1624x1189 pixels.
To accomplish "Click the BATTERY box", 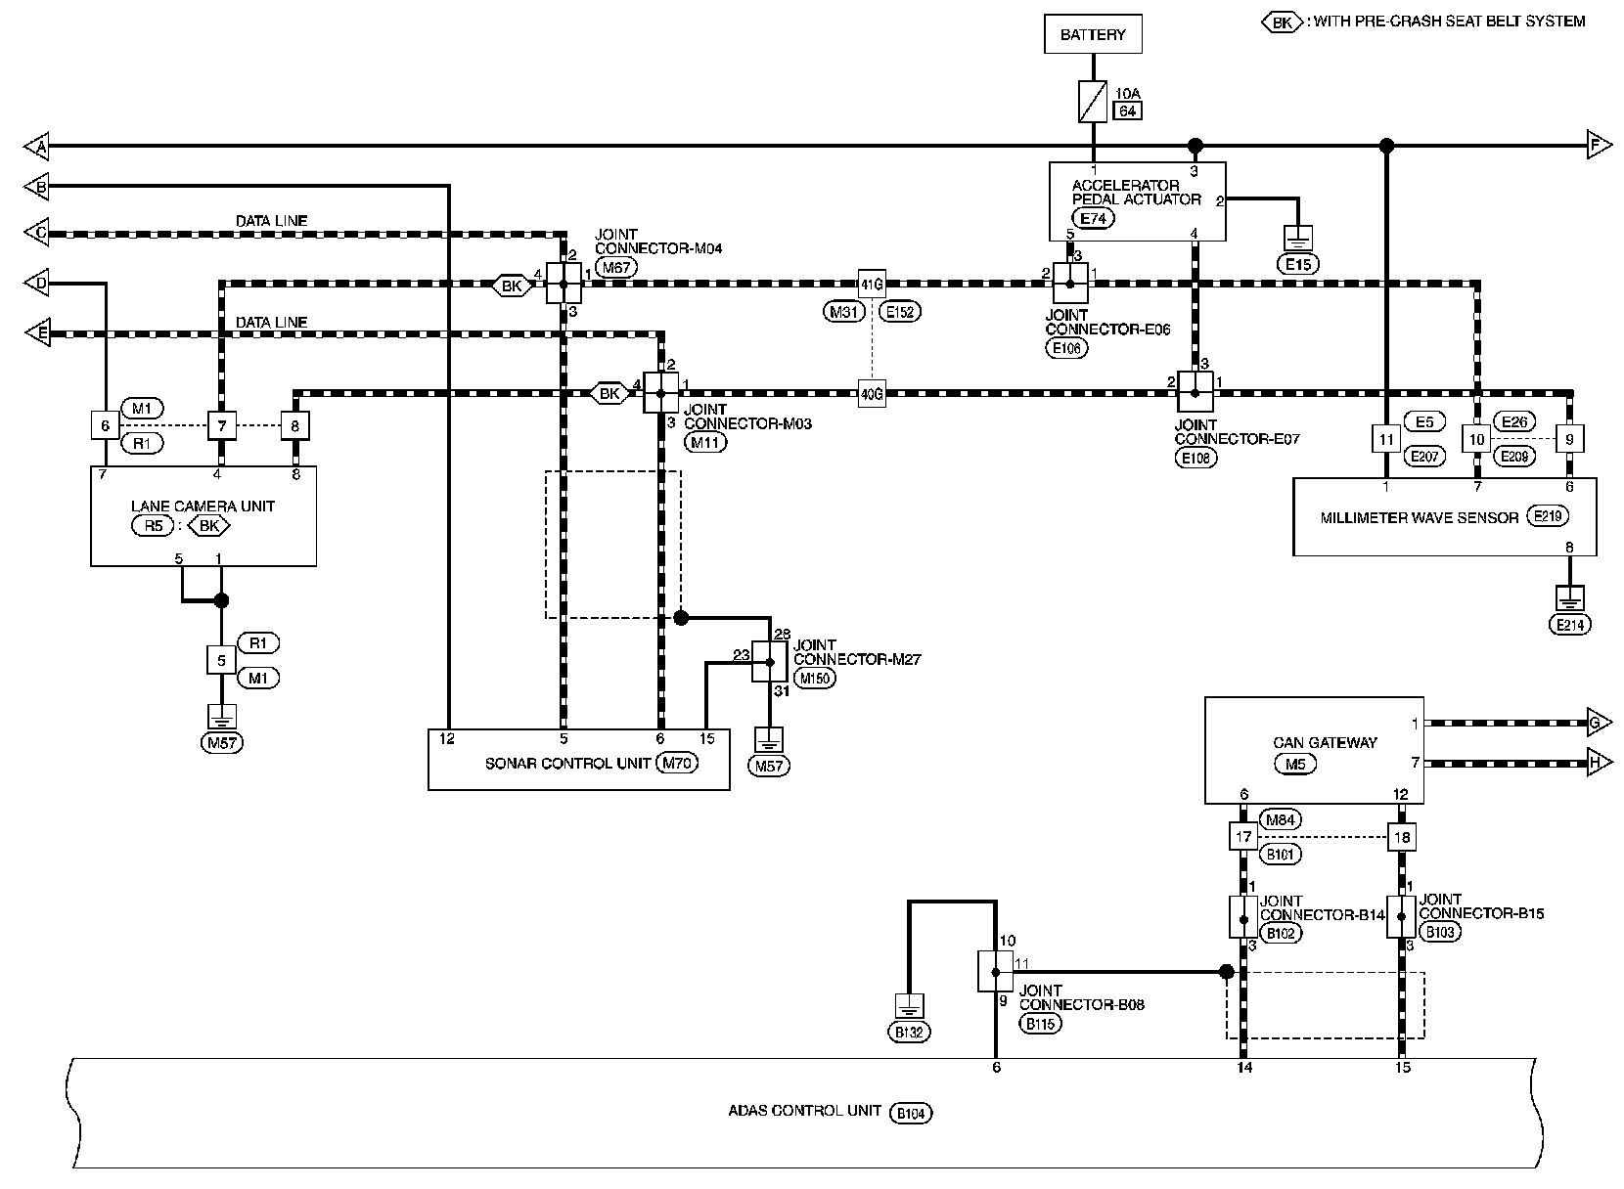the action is click(1093, 34).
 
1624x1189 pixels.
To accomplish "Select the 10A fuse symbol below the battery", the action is click(1093, 102).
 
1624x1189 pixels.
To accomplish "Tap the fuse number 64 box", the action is click(1127, 110).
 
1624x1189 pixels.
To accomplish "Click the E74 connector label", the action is click(1093, 218).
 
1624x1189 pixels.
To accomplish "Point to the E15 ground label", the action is click(1298, 264).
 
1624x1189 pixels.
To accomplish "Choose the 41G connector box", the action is click(872, 285).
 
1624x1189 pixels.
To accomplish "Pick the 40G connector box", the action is click(872, 394).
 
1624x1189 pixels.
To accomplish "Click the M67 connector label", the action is click(616, 267).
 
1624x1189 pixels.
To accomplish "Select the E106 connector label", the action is click(1066, 348).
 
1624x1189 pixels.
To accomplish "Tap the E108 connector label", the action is click(1195, 458).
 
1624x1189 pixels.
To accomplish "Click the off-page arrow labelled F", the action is click(1600, 145).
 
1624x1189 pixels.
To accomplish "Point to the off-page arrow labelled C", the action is click(37, 232).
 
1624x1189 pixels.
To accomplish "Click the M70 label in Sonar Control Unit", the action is click(677, 763).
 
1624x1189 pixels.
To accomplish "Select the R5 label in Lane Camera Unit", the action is click(153, 526).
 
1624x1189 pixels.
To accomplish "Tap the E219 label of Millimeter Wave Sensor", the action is click(1548, 516).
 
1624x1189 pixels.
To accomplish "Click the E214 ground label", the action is click(1569, 625).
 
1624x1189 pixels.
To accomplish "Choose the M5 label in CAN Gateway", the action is click(1295, 764).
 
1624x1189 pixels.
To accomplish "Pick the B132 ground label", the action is click(909, 1032).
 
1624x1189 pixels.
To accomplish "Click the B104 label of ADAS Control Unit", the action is click(911, 1113).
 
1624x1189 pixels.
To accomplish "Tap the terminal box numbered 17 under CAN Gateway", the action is click(1243, 837).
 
